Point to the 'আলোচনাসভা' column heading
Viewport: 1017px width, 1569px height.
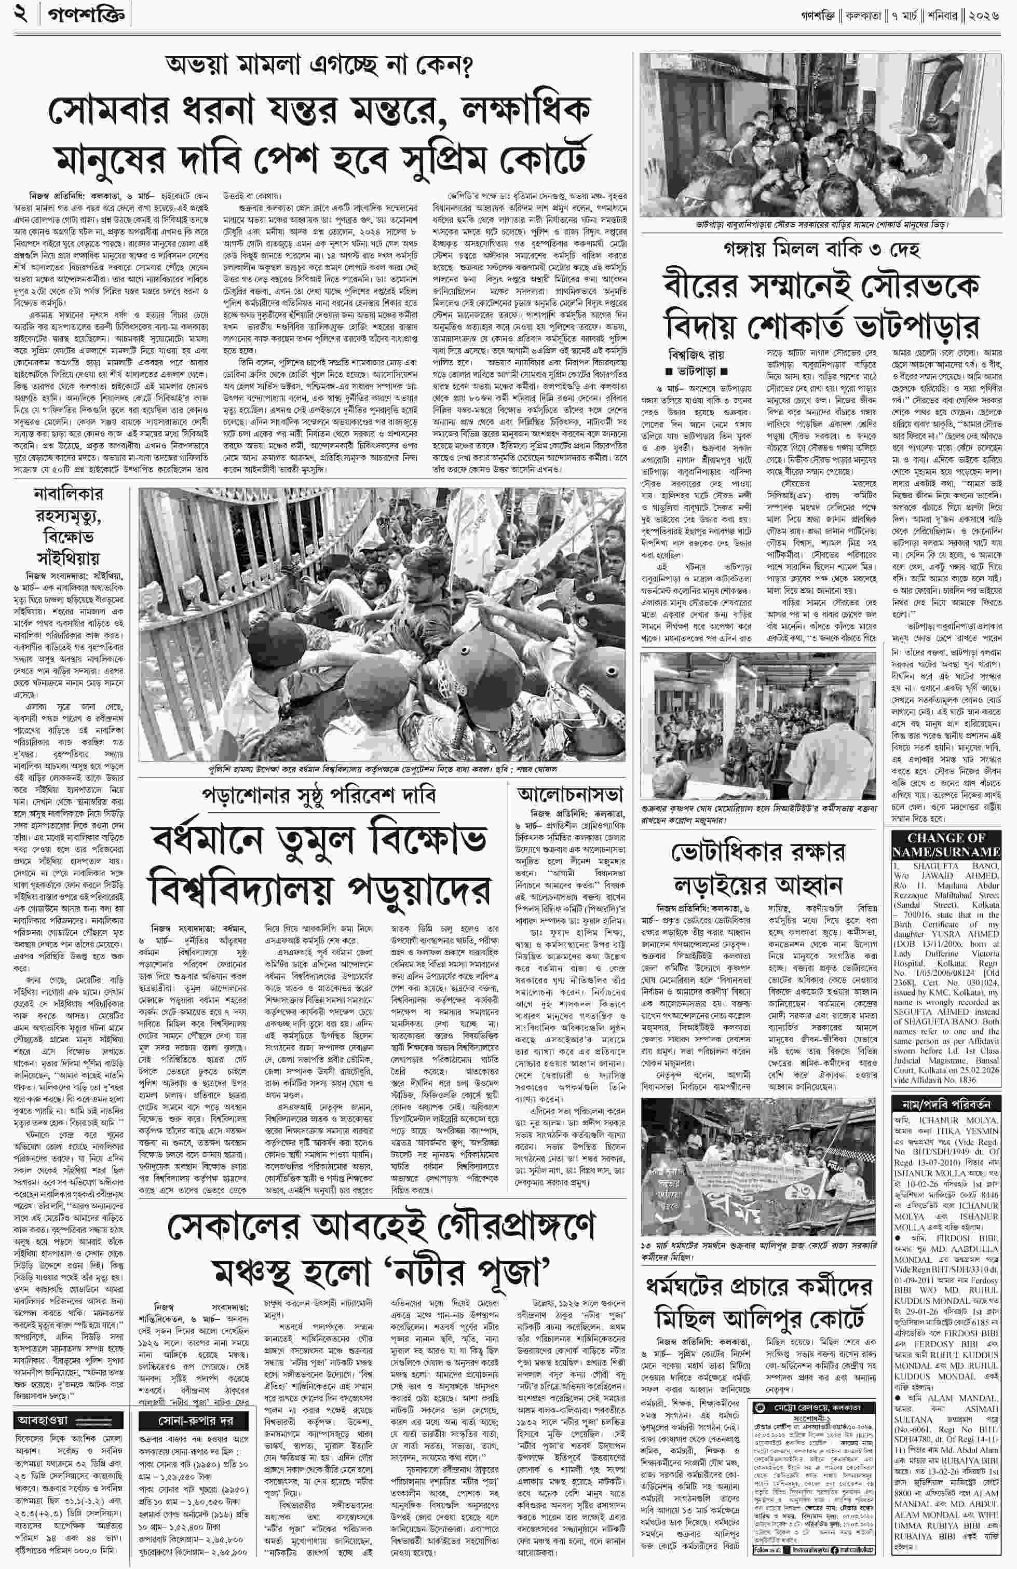(x=571, y=793)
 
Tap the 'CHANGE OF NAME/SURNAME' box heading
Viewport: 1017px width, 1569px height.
(x=946, y=844)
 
